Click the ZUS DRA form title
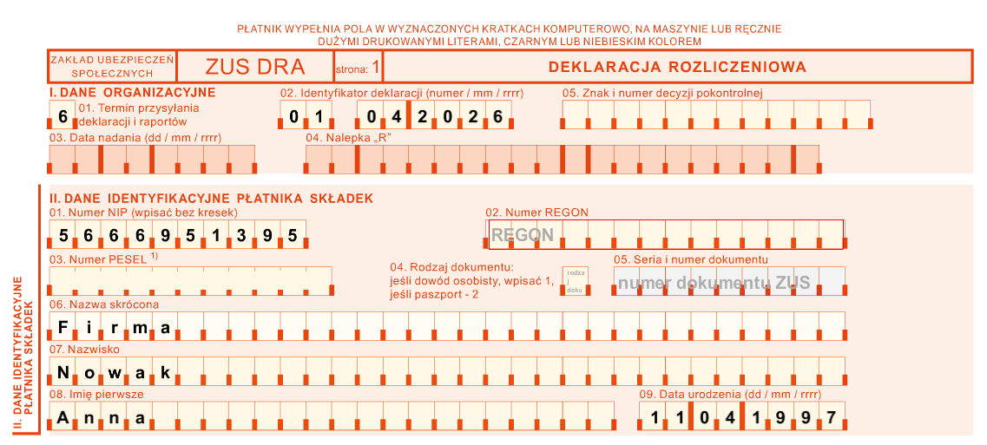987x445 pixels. click(x=255, y=67)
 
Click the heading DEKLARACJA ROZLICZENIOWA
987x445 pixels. click(x=677, y=67)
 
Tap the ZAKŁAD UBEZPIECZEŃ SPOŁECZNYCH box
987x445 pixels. click(x=113, y=67)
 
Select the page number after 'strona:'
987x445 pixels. click(x=375, y=67)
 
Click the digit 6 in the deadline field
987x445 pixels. click(x=63, y=116)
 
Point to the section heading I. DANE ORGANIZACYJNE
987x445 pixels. click(x=132, y=92)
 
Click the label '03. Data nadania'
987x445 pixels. click(x=135, y=137)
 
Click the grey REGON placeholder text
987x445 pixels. click(x=522, y=234)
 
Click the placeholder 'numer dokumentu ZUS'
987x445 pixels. click(x=714, y=283)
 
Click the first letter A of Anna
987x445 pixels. click(x=63, y=418)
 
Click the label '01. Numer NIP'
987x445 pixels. click(x=143, y=213)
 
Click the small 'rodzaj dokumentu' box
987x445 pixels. click(x=575, y=281)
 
